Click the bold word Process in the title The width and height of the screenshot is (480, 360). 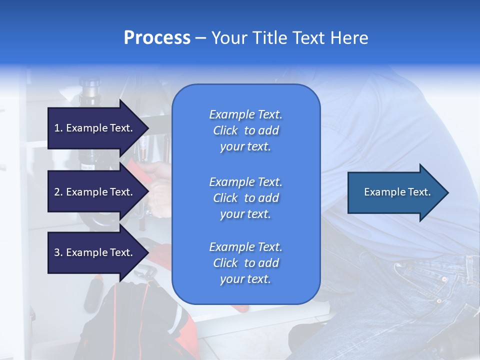click(157, 38)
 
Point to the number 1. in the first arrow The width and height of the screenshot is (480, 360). click(58, 128)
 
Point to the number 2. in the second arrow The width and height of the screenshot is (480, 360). click(58, 192)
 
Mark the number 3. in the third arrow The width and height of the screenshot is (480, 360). click(58, 252)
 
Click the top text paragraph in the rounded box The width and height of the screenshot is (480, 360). click(245, 130)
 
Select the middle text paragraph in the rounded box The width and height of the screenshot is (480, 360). click(245, 198)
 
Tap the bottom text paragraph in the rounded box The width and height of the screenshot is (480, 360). click(245, 263)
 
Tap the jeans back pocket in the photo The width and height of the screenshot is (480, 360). click(430, 285)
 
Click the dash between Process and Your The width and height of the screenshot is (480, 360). click(200, 38)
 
